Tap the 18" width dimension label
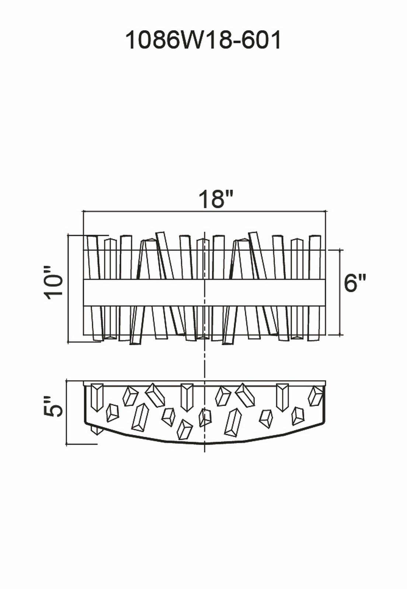[216, 199]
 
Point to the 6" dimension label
[355, 283]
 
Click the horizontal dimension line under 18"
[204, 211]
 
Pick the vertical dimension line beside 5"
[67, 412]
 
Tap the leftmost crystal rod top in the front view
[92, 237]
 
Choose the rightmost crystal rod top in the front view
[315, 237]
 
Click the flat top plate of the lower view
[205, 383]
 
